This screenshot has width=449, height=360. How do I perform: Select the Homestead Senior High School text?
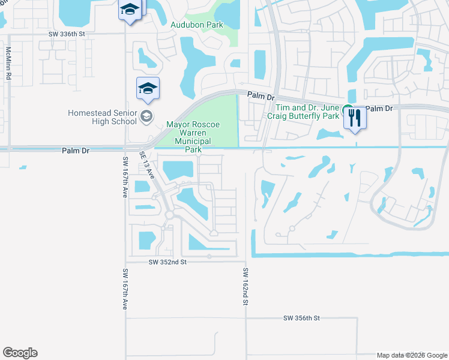pyautogui.click(x=102, y=117)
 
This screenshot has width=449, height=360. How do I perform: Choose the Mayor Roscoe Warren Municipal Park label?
pyautogui.click(x=192, y=137)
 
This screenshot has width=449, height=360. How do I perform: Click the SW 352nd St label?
pyautogui.click(x=167, y=262)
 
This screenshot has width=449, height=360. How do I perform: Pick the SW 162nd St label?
pyautogui.click(x=245, y=287)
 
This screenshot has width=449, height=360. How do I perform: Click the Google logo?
pyautogui.click(x=20, y=353)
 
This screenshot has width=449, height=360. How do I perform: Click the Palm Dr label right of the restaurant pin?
pyautogui.click(x=379, y=109)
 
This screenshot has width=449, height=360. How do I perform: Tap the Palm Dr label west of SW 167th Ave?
pyautogui.click(x=75, y=151)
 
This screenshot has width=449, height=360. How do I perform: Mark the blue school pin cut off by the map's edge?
pyautogui.click(x=129, y=10)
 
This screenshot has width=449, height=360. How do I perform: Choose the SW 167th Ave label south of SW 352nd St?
pyautogui.click(x=125, y=289)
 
